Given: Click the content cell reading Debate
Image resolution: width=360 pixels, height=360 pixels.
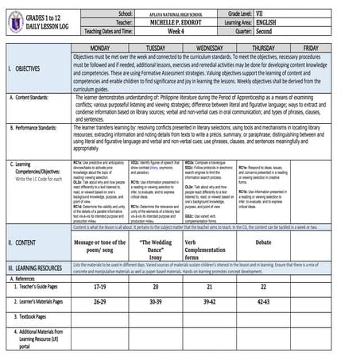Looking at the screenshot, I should (263, 242).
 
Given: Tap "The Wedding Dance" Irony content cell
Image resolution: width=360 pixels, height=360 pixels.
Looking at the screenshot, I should (156, 246).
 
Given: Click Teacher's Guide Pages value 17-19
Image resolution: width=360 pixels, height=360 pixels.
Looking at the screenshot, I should (100, 286).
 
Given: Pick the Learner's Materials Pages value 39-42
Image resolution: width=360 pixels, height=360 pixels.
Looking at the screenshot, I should (209, 302).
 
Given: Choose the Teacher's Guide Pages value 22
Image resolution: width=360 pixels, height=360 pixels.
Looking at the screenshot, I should (263, 286).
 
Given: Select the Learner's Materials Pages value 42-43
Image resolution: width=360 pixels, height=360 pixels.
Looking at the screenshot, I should (263, 302).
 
